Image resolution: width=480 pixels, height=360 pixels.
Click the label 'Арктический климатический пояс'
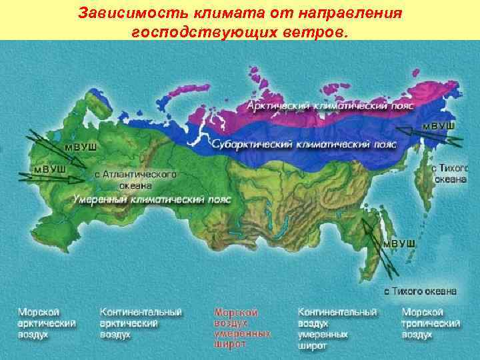point(330,106)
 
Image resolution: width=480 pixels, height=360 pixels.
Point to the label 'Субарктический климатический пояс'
point(305,144)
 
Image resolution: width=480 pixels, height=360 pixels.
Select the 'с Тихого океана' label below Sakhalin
point(420,291)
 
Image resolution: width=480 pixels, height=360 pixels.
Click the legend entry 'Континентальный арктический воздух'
point(141,323)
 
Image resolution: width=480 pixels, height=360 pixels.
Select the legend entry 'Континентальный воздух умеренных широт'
point(337,328)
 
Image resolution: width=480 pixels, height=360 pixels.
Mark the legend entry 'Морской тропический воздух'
point(431,323)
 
